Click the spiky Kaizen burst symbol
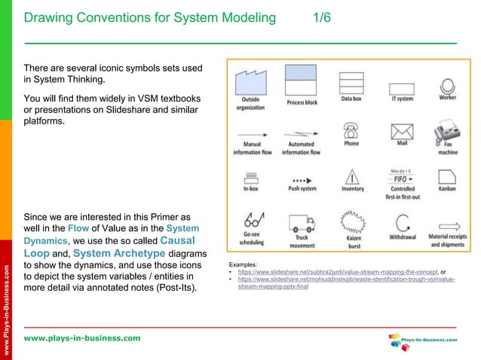pyautogui.click(x=351, y=222)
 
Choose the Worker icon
pyautogui.click(x=447, y=84)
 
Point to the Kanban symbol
pyautogui.click(x=446, y=178)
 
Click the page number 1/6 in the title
pyautogui.click(x=322, y=17)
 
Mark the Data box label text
pyautogui.click(x=351, y=99)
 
